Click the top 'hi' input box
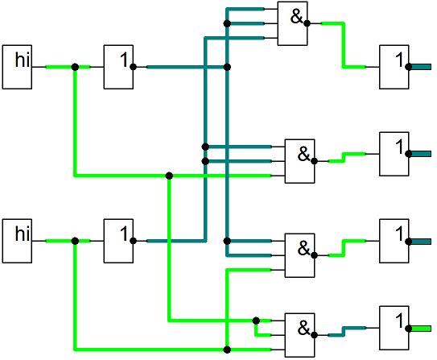pos(17,67)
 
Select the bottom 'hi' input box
pos(17,241)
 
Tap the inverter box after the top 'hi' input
pos(118,67)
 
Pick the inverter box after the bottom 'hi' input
pos(118,241)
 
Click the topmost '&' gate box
pos(292,23)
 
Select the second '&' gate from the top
pos(299,161)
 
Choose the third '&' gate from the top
pos(299,255)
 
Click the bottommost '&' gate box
pos(299,335)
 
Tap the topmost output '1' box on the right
pos(394,67)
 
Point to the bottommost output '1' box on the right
pos(394,328)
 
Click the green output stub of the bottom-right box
pos(421,329)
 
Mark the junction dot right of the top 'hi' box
pos(75,67)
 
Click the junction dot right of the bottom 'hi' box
pos(75,241)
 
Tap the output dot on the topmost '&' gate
pos(307,23)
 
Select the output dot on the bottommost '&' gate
pos(314,335)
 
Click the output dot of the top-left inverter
pos(133,67)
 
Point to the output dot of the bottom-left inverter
pos(133,241)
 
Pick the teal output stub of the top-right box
pos(421,67)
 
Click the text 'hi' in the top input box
pos(23,60)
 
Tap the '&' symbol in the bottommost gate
pos(303,328)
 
